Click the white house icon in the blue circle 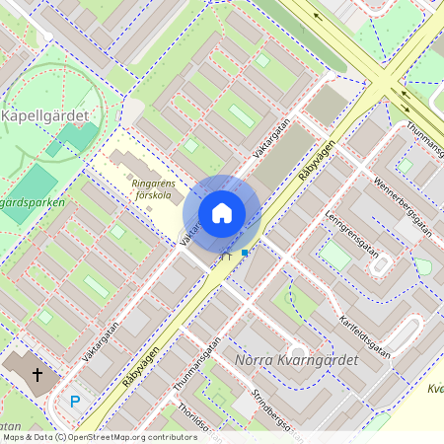222,213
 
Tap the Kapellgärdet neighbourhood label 45,115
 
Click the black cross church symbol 37,375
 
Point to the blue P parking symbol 75,402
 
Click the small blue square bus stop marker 244,253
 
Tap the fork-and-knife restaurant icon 227,256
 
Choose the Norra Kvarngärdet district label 297,359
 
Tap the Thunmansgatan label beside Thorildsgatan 196,366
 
